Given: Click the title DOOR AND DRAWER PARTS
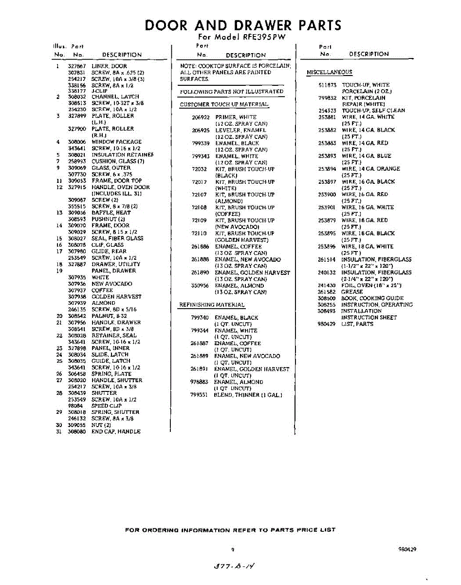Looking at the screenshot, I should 243,25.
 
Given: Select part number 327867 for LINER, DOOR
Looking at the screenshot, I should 77,66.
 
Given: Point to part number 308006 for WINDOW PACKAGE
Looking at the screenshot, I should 77,142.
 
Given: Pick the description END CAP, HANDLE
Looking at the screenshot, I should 116,432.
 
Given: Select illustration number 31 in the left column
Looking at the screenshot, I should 58,432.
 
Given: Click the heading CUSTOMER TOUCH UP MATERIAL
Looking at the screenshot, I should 224,105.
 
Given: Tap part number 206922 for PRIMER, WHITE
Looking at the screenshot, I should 201,117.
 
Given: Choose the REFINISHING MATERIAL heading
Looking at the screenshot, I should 212,305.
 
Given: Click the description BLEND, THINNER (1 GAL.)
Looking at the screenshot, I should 248,395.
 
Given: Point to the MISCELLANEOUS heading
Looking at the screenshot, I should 329,73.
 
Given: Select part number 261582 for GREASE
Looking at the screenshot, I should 327,292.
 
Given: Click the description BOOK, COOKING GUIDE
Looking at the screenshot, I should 372,298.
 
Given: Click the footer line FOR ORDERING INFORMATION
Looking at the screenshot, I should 230,530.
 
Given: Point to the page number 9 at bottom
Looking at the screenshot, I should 233,549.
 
